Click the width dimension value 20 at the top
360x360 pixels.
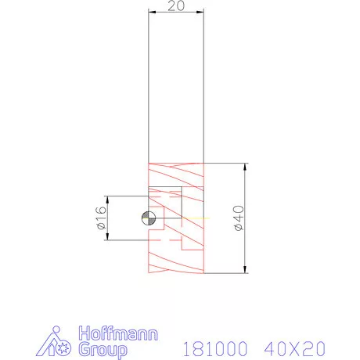[x=176, y=6]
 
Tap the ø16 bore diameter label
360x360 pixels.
[x=101, y=218]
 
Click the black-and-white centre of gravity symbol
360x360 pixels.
[x=149, y=218]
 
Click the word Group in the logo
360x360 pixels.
[x=101, y=348]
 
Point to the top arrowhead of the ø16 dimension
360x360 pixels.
[x=108, y=199]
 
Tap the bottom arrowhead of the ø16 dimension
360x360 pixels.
[x=108, y=237]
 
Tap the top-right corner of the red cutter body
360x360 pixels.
[x=203, y=163]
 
